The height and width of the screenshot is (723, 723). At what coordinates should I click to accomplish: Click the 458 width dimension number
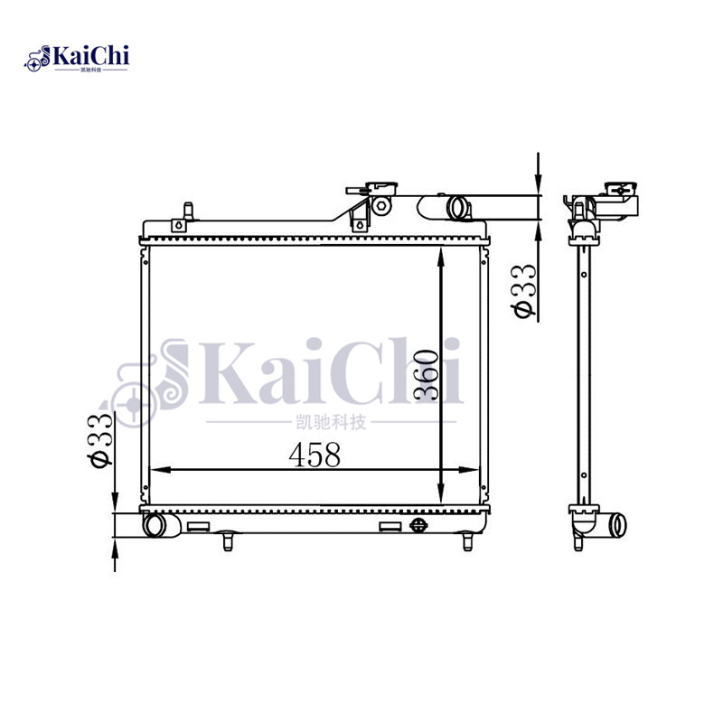click(x=315, y=455)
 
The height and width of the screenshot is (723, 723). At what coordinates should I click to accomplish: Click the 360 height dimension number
click(x=427, y=375)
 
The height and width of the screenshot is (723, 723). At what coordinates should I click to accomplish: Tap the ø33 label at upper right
click(x=523, y=290)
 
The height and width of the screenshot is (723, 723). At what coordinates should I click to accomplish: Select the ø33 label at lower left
click(x=99, y=439)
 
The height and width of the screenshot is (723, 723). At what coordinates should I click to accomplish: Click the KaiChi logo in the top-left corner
click(x=77, y=59)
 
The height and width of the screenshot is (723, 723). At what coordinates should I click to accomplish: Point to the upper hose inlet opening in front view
click(x=459, y=208)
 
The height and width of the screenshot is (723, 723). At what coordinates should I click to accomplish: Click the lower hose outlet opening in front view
click(x=155, y=524)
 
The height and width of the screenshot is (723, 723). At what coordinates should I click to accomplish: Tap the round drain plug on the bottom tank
click(x=418, y=526)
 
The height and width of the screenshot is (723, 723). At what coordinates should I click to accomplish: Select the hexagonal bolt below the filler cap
click(x=381, y=206)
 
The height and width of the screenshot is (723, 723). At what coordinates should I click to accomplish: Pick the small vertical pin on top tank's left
click(x=188, y=211)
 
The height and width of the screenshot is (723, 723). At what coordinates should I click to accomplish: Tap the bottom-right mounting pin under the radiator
click(x=467, y=540)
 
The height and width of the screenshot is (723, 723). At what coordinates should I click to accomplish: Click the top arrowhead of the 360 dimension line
click(x=440, y=255)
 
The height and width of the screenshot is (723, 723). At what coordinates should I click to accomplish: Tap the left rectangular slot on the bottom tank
click(x=197, y=526)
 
